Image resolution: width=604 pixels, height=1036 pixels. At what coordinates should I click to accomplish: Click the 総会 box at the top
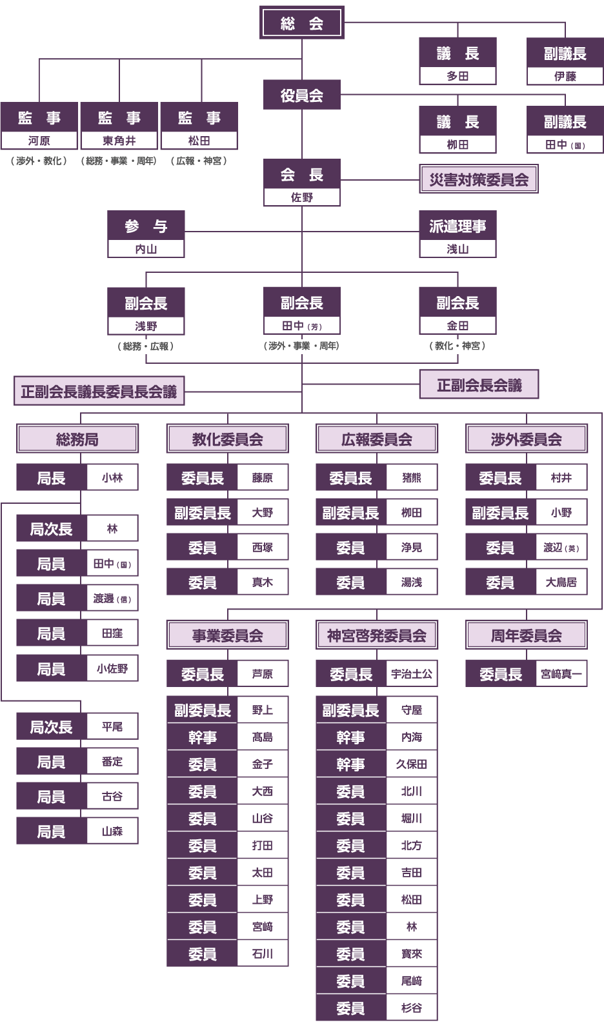click(301, 22)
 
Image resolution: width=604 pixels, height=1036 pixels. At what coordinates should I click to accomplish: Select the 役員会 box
click(301, 95)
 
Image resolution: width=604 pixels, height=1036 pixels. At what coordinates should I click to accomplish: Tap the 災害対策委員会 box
click(479, 179)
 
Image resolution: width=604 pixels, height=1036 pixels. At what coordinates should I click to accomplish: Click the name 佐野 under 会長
click(301, 197)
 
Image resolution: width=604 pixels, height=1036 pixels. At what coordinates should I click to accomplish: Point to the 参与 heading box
click(146, 226)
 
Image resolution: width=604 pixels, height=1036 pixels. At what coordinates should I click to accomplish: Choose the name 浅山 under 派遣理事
click(458, 249)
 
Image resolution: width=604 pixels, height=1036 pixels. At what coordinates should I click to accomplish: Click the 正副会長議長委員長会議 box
click(99, 392)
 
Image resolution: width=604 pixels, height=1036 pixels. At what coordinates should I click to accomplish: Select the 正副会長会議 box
click(479, 384)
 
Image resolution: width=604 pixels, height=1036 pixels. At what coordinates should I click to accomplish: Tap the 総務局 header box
click(77, 439)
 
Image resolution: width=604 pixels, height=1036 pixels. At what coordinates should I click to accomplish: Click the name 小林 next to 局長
click(112, 477)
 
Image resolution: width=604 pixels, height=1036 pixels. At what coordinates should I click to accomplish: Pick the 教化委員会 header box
click(228, 439)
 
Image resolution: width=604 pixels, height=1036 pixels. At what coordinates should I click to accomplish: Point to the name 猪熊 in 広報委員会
click(412, 477)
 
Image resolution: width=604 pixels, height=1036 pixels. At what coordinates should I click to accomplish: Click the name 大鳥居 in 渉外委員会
click(561, 582)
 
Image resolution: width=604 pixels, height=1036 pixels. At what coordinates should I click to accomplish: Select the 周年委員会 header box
click(527, 635)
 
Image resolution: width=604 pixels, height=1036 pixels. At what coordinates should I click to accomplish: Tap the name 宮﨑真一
click(561, 674)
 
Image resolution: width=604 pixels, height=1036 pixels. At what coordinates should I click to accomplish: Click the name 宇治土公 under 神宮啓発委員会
click(412, 674)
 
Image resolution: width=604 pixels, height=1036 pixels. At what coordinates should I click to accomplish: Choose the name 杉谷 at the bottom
click(412, 1008)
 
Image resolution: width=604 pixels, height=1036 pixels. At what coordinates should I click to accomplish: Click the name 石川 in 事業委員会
click(262, 953)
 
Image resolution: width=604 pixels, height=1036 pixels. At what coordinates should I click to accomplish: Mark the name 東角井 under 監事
click(119, 141)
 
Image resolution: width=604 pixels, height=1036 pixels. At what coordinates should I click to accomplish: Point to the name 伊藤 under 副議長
click(565, 76)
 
